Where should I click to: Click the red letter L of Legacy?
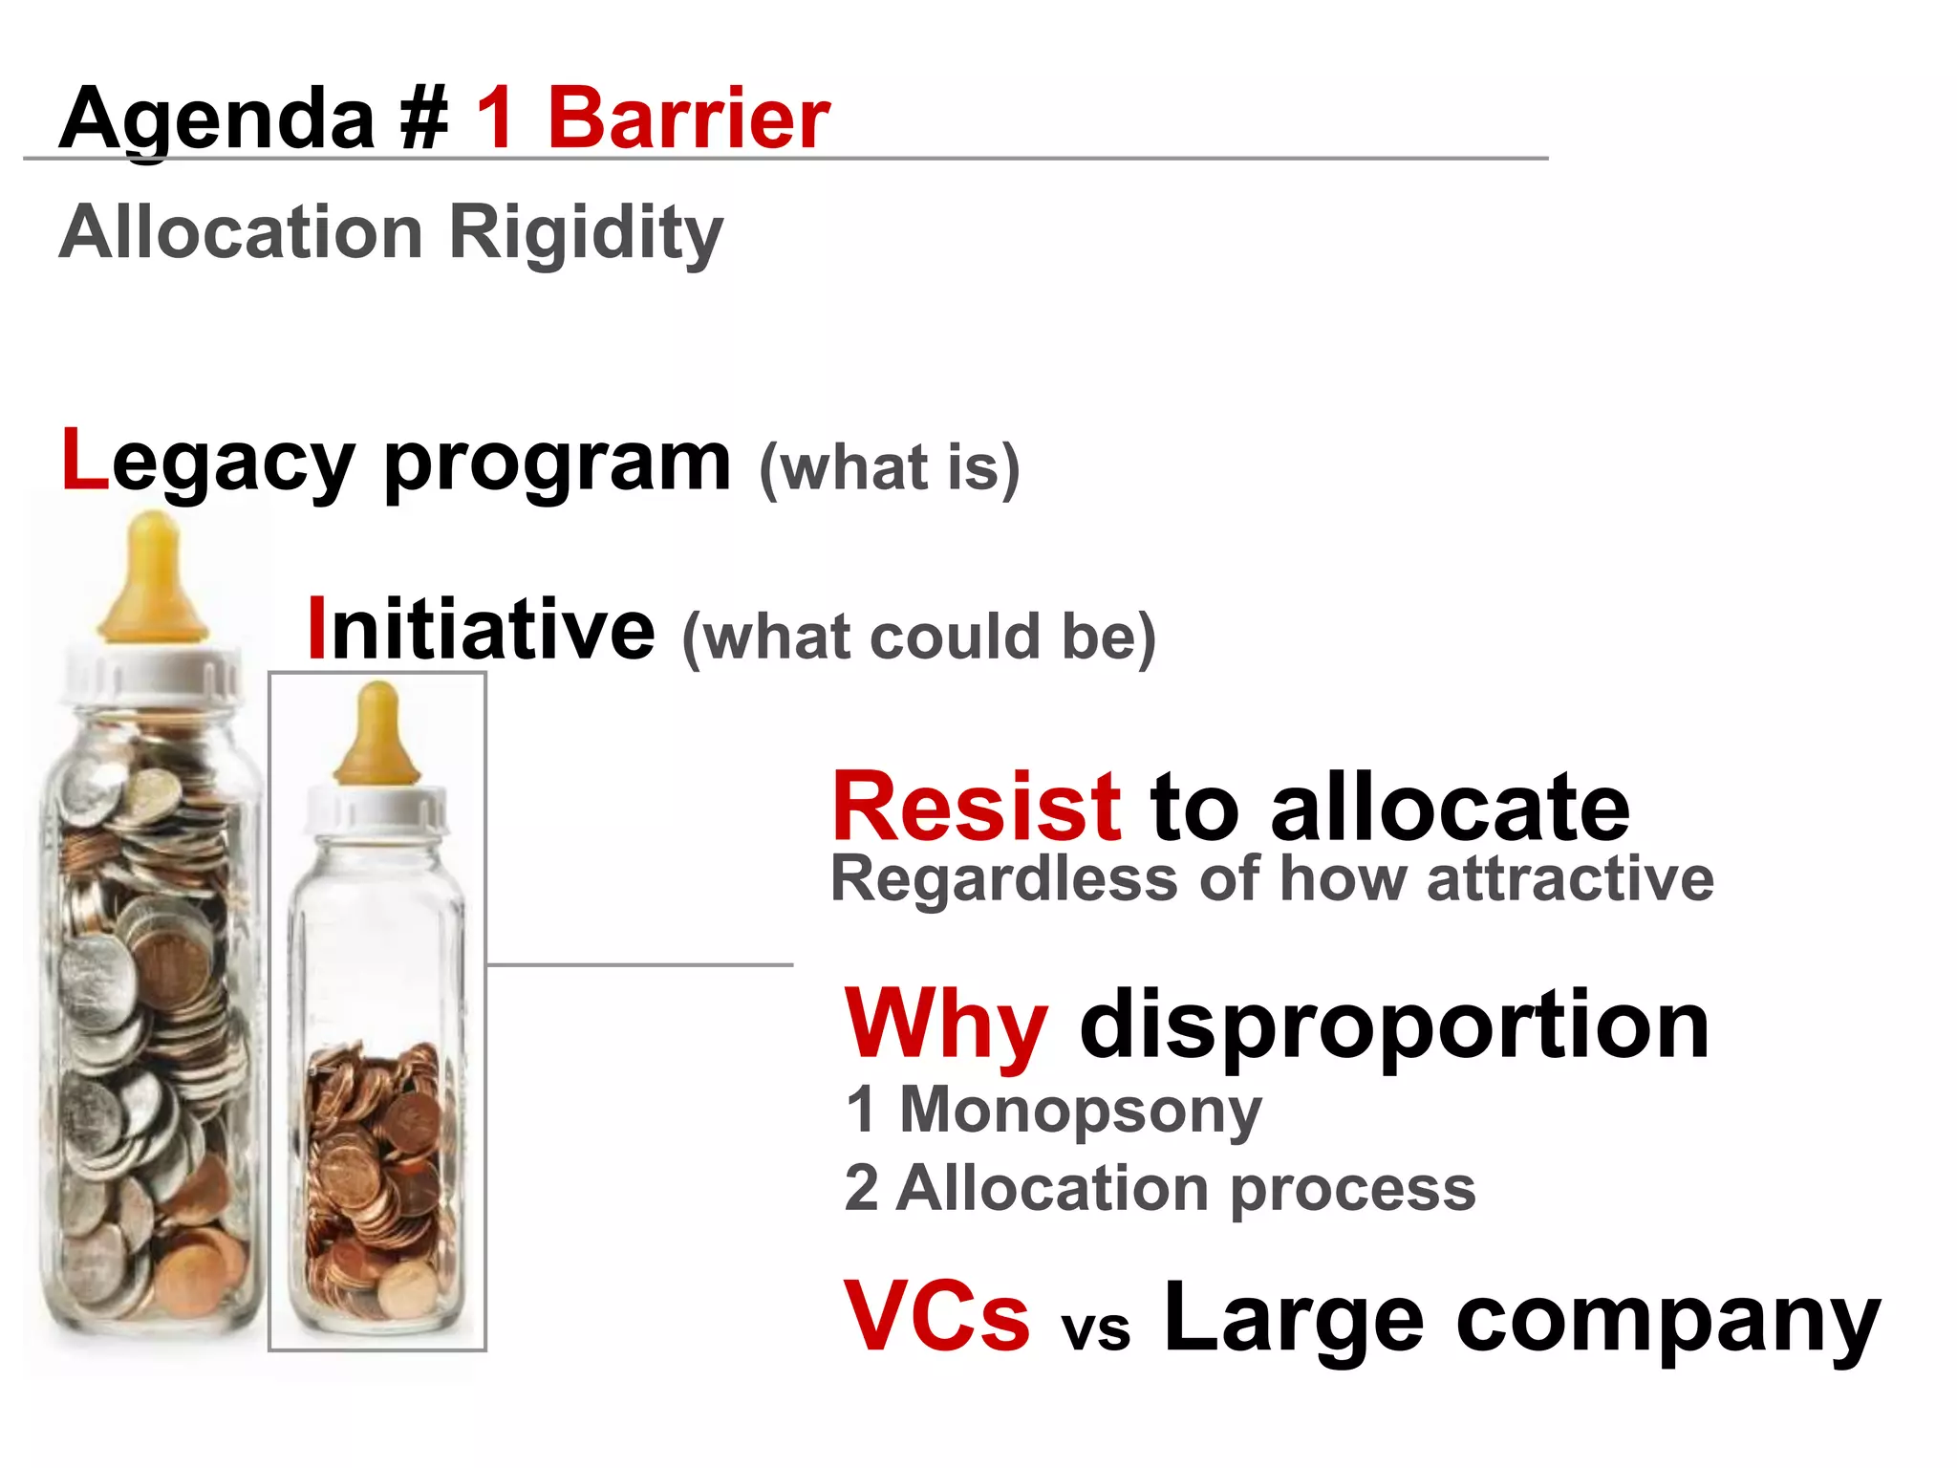coord(84,461)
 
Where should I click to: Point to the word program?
coord(557,464)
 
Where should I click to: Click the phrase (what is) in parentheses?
coord(889,468)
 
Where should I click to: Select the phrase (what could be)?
coord(918,637)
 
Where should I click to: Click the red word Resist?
coord(976,808)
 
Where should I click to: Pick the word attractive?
coord(1570,879)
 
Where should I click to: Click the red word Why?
coord(946,1025)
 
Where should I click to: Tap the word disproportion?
coord(1394,1026)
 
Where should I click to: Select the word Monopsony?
coord(1081,1111)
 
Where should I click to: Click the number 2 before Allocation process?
coord(861,1189)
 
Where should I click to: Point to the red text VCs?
coord(936,1317)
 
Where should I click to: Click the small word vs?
coord(1096,1328)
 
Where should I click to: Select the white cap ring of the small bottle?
coord(376,810)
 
